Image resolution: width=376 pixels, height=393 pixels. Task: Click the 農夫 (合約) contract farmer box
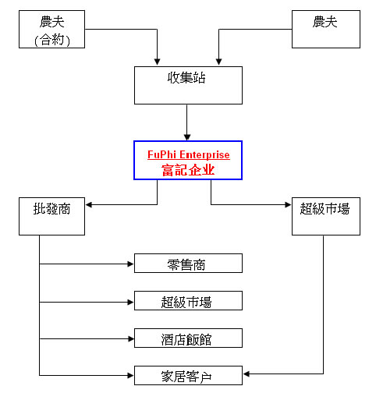coord(51,29)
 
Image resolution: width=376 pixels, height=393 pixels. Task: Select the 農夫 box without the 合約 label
coord(326,29)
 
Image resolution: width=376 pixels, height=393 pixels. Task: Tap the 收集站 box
coord(188,85)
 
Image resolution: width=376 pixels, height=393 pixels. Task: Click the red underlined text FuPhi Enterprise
coord(189,154)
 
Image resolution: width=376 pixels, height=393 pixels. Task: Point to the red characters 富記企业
coord(188,170)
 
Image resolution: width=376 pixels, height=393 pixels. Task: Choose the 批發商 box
coord(51,216)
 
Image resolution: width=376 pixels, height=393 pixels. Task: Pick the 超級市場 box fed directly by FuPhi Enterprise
coord(326,216)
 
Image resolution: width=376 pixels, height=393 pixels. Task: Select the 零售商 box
coord(188,263)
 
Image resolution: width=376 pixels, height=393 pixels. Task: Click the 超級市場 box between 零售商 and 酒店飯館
coord(188,300)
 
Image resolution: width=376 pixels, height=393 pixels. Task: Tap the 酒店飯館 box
coord(188,338)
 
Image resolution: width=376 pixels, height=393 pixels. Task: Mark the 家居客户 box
coord(188,375)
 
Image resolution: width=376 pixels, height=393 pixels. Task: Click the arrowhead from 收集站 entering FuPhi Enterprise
coord(187,137)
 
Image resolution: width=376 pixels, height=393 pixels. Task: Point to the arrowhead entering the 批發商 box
coord(89,205)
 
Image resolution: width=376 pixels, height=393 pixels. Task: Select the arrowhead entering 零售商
coord(130,264)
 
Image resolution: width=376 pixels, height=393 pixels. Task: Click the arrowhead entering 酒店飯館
coord(130,339)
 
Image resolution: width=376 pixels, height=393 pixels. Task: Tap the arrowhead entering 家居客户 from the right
coord(247,374)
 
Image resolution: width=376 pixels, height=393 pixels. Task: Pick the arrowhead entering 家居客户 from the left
coord(130,375)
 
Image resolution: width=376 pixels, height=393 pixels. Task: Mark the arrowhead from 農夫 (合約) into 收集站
coord(157,62)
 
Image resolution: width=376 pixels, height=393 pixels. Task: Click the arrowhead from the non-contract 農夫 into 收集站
coord(219,62)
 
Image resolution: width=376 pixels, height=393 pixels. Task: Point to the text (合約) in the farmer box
coord(52,41)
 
